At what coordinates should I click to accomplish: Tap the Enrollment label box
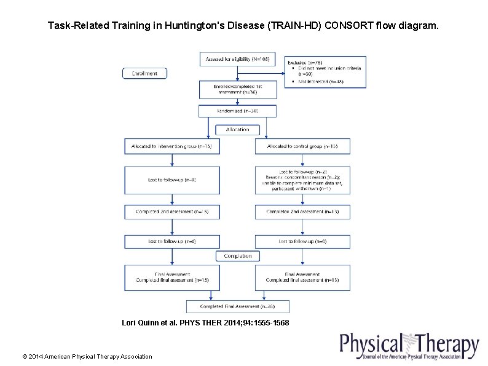(145, 73)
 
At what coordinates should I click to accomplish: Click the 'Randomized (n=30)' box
(237, 111)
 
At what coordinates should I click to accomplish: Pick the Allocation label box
(237, 129)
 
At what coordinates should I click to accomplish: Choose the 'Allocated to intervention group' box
(173, 146)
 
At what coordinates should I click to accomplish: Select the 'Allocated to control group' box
(302, 146)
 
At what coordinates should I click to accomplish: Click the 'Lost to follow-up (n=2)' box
(302, 180)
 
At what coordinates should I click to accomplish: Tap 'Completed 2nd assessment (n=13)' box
(302, 212)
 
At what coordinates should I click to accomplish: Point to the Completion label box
(237, 255)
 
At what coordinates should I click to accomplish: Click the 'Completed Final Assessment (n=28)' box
(237, 306)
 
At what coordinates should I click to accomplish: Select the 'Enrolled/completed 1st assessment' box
(237, 90)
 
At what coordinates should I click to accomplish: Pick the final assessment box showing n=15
(173, 277)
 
